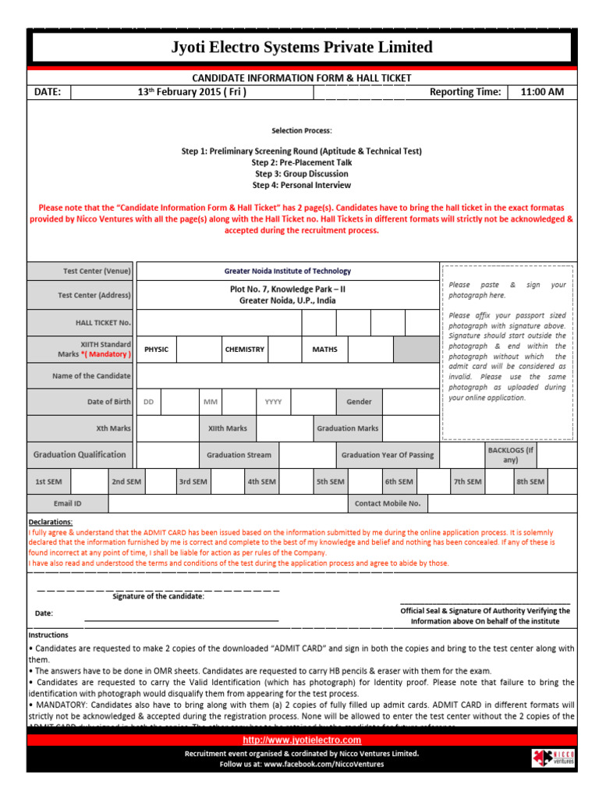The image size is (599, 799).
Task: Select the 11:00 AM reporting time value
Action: tap(541, 92)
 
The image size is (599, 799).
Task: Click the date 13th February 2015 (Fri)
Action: tap(192, 92)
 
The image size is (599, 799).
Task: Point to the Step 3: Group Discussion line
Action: tap(300, 174)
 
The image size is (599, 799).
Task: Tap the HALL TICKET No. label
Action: tap(103, 322)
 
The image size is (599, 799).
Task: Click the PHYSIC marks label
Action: tap(156, 350)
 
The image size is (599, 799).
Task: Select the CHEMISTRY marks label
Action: tap(244, 350)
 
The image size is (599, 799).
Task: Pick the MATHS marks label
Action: tap(324, 350)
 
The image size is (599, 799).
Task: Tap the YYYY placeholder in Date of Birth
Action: tap(273, 402)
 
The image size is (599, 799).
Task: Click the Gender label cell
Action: tap(359, 402)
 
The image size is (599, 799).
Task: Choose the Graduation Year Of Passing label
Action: tap(388, 455)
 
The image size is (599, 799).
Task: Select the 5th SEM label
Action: tap(330, 482)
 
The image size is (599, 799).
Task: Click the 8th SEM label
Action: tap(530, 482)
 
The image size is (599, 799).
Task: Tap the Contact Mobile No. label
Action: tap(388, 503)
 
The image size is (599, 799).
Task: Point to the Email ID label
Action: tap(67, 503)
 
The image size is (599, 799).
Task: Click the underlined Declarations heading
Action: tap(51, 522)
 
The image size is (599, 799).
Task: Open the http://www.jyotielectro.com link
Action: tap(302, 740)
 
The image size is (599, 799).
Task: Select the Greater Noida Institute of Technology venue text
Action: tap(288, 271)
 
